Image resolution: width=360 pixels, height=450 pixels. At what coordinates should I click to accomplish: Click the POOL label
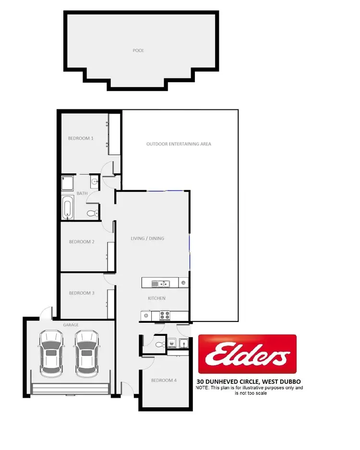pos(139,50)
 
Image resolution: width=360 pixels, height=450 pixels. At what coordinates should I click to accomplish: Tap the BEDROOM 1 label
pos(81,138)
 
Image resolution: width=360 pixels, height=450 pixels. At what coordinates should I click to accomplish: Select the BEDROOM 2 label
pos(81,242)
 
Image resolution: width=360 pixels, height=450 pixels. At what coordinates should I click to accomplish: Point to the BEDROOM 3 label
pos(82,293)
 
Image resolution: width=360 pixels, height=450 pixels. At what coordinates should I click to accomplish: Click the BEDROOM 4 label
pos(164,380)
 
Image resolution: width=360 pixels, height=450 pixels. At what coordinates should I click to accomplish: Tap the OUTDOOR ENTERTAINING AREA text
pos(179,144)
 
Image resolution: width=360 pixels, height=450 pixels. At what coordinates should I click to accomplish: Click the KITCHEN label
pos(156,298)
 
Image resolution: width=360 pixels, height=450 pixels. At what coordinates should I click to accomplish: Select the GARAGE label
pos(71,325)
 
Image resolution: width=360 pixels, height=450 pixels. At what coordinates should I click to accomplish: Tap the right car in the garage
pos(86,353)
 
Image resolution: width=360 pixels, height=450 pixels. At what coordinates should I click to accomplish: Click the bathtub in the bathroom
pos(67,208)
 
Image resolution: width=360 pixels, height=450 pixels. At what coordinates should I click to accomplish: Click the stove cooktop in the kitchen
pos(165,316)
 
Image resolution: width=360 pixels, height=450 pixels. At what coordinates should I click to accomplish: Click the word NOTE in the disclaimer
pos(202,388)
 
